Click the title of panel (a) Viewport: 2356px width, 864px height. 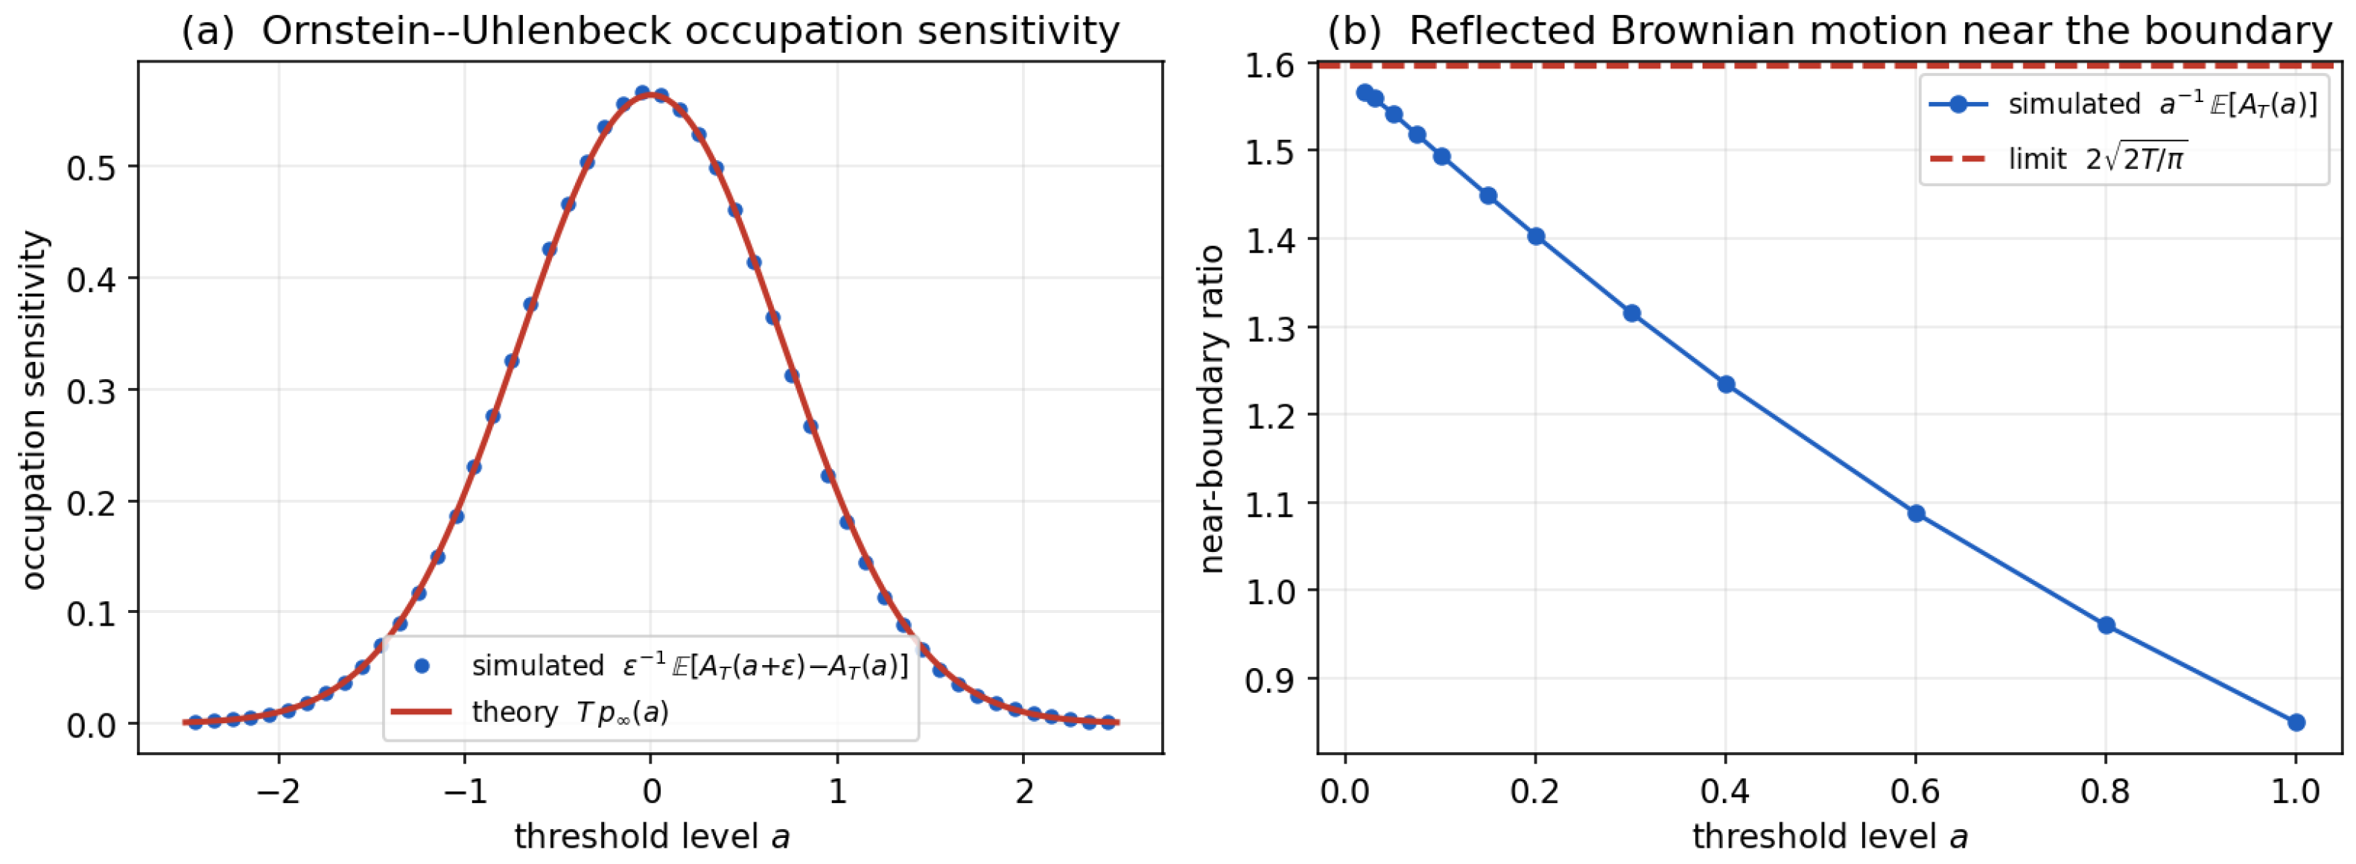click(650, 31)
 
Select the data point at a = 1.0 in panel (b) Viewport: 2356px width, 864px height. click(2296, 722)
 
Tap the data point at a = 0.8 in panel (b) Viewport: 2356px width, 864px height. click(2106, 626)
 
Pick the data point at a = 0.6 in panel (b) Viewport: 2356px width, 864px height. click(1916, 514)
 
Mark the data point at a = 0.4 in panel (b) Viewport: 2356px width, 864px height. click(1727, 384)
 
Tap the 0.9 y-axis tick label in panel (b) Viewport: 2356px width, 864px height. click(1271, 679)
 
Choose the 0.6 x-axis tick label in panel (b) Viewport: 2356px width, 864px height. click(1916, 791)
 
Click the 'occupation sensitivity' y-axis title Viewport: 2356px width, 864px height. click(34, 410)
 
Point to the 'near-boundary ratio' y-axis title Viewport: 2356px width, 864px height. click(1212, 410)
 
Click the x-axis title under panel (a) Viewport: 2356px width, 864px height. click(652, 836)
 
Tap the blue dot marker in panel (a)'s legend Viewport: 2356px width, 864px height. click(422, 667)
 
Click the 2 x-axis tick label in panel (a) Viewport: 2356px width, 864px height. click(1024, 791)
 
